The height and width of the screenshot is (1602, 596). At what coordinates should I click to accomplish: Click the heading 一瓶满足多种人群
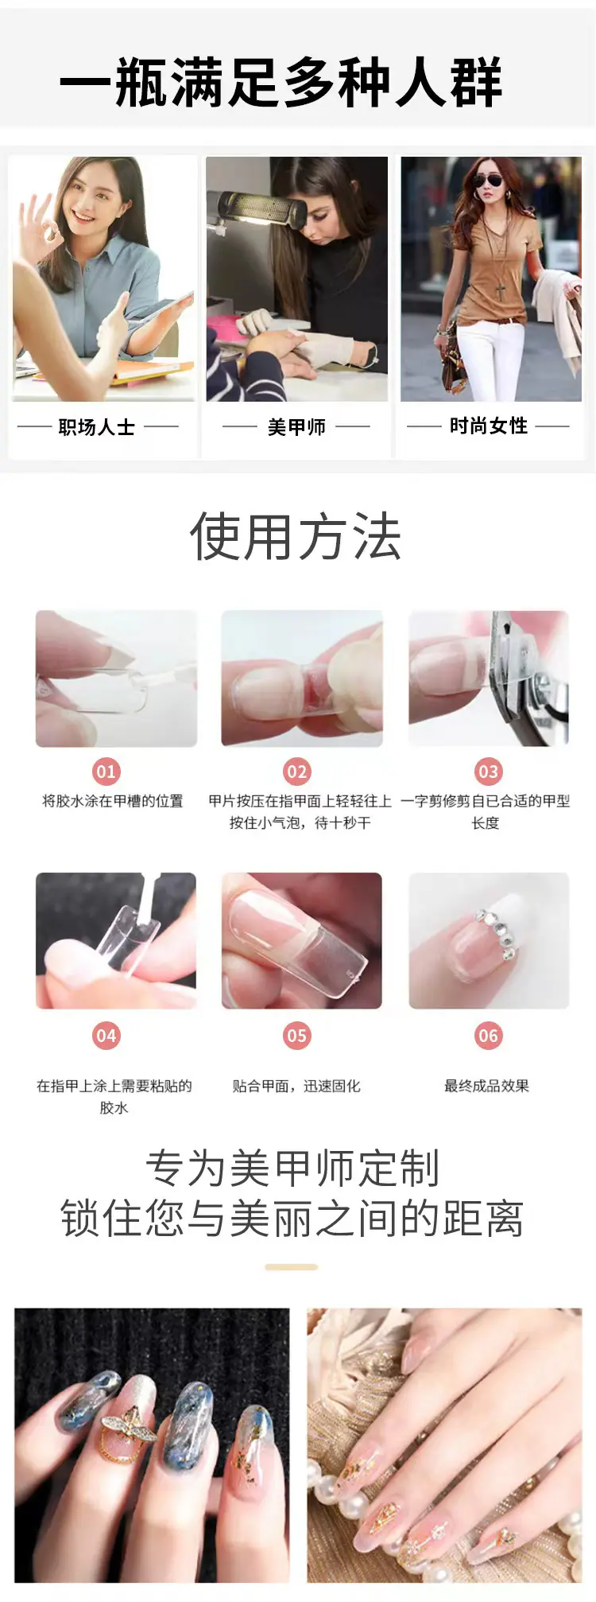[x=281, y=83]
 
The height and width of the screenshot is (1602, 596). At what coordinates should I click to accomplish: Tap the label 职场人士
[x=96, y=427]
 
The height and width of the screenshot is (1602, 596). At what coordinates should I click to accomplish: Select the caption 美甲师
[x=296, y=427]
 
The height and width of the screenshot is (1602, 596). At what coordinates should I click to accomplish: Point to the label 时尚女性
[x=489, y=426]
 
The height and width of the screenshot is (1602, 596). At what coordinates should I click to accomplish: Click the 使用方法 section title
[x=296, y=536]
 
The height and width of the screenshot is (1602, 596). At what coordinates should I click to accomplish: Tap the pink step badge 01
[x=106, y=771]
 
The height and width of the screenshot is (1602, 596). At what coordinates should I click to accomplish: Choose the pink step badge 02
[x=296, y=771]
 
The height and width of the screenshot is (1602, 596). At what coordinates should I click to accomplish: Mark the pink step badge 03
[x=488, y=771]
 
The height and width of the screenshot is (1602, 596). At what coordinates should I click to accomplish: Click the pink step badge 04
[x=106, y=1036]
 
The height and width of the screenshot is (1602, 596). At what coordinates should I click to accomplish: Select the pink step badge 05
[x=296, y=1036]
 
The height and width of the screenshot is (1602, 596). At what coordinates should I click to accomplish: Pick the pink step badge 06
[x=488, y=1036]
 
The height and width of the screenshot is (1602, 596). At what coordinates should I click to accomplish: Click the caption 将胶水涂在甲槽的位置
[x=113, y=801]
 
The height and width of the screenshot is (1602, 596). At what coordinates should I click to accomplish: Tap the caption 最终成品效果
[x=486, y=1086]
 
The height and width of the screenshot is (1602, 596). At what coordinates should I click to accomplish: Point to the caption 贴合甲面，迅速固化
[x=296, y=1086]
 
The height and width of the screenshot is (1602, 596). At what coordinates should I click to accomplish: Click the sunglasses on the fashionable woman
[x=488, y=181]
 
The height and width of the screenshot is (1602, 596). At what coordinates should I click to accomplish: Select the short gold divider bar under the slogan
[x=292, y=1267]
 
